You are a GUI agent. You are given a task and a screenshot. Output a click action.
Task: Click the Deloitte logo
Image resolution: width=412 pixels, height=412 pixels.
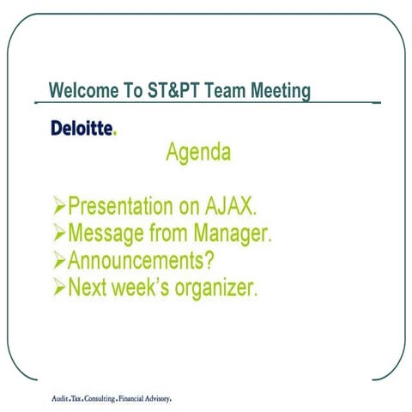point(82,128)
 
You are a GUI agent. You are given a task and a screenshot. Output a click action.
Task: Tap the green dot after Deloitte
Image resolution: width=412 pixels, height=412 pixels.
point(115,133)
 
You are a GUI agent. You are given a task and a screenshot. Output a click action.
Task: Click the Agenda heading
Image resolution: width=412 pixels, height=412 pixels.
point(198,154)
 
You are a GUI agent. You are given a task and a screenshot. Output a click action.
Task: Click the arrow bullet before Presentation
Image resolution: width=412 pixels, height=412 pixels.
point(59,207)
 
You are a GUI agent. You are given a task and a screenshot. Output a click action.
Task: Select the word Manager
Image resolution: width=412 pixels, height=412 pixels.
point(229,233)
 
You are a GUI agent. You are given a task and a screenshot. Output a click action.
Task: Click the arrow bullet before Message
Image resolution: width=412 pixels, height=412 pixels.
point(59,233)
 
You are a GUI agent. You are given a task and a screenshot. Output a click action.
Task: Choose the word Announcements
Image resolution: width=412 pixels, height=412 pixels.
point(141,260)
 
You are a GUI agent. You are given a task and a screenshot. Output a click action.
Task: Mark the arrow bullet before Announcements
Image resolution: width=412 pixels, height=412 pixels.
point(59,260)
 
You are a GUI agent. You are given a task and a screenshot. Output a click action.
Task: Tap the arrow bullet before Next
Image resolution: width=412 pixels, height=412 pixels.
point(59,287)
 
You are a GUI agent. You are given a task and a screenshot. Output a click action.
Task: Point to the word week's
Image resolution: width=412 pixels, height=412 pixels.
point(132,287)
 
